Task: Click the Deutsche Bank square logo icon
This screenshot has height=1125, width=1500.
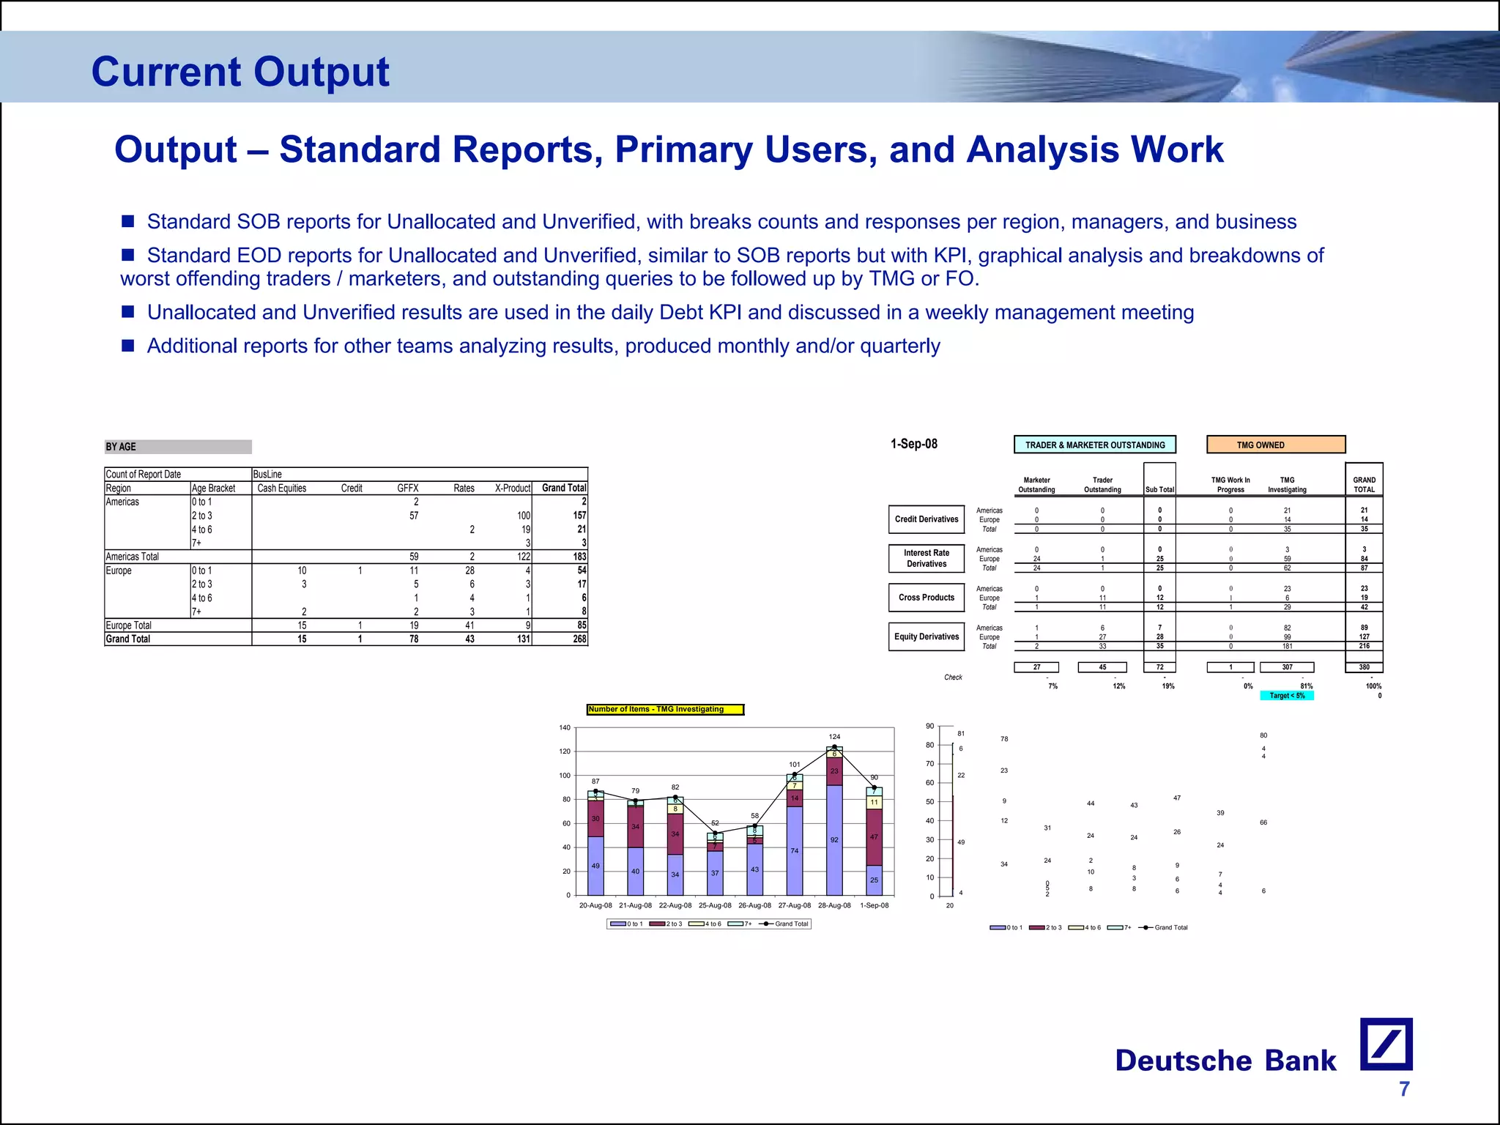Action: (1386, 1044)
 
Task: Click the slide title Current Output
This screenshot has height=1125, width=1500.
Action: (240, 72)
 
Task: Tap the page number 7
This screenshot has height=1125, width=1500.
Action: (1403, 1089)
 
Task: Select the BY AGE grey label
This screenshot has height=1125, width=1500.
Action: (178, 447)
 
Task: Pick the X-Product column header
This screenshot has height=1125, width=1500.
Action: (512, 489)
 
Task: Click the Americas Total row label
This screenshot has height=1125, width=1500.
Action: (133, 557)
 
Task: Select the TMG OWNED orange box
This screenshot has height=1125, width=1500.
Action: (1275, 445)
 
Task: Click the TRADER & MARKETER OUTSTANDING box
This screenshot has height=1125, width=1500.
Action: (1094, 445)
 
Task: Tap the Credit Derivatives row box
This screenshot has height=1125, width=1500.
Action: (926, 519)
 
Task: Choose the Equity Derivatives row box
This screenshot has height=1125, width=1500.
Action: (926, 636)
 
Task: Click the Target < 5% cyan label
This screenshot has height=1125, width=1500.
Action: (1286, 696)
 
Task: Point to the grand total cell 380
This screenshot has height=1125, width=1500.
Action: (1364, 667)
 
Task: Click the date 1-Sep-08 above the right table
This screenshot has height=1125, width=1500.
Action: (913, 444)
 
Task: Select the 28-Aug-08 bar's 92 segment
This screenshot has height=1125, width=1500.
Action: (834, 840)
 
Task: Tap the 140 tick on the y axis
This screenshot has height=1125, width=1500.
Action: (564, 728)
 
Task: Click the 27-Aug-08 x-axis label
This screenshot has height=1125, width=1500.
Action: (794, 906)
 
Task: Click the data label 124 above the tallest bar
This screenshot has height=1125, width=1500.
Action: (834, 737)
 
